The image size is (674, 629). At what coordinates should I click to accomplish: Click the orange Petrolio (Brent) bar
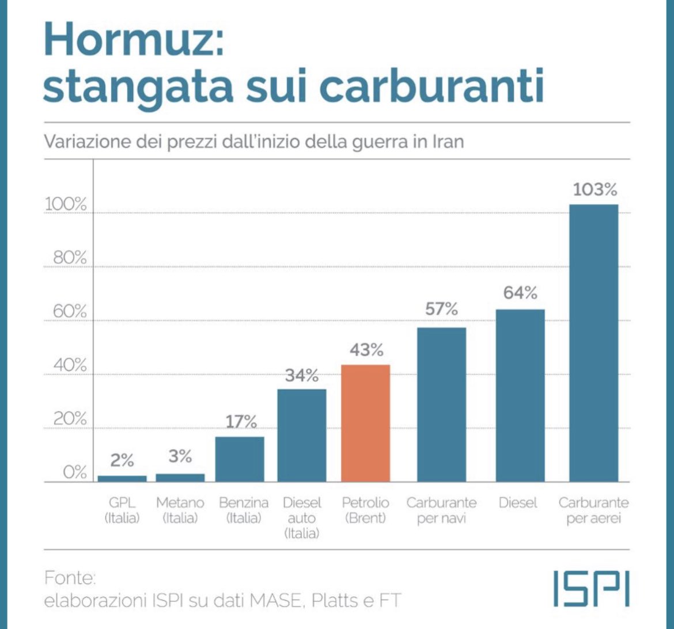click(365, 423)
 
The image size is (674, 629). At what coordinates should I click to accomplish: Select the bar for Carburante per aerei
click(593, 343)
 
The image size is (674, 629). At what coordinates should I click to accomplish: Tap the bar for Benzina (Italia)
click(240, 459)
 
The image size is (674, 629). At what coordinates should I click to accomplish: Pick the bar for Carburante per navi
click(441, 405)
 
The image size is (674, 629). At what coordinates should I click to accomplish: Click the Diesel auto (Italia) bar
click(302, 436)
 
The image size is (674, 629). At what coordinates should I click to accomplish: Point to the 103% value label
click(595, 189)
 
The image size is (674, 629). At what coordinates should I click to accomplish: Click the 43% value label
click(366, 350)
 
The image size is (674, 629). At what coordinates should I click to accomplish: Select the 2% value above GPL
click(122, 460)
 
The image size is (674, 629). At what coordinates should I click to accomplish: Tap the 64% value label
click(520, 293)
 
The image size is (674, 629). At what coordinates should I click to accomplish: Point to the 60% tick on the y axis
click(70, 311)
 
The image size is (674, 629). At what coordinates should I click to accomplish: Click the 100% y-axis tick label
click(66, 204)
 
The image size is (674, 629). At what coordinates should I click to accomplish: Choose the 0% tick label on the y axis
click(74, 472)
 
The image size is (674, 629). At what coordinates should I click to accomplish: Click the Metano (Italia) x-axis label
click(180, 510)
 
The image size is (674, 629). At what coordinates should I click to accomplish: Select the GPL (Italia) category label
click(122, 510)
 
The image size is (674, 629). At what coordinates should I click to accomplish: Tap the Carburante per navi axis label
click(441, 510)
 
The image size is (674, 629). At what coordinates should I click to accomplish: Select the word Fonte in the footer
click(70, 577)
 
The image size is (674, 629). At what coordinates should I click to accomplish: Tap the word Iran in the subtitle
click(448, 141)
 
